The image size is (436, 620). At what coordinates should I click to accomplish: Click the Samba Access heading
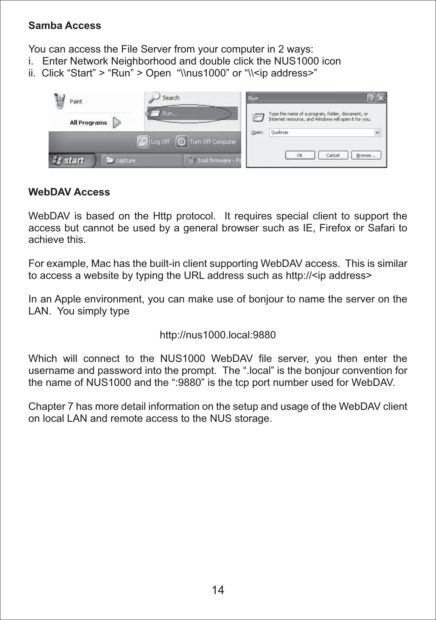click(64, 25)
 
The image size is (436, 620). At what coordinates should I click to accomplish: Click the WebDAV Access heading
click(69, 192)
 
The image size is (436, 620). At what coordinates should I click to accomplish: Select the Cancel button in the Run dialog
click(333, 155)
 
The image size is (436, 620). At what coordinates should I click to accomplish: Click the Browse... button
click(366, 155)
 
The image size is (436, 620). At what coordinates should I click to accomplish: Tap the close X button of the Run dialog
click(381, 98)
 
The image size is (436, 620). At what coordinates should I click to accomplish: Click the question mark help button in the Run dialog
click(371, 98)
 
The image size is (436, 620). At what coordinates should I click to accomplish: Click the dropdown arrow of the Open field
click(377, 132)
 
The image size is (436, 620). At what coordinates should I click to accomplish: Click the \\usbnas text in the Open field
click(280, 132)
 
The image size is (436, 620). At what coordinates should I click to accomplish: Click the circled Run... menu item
click(170, 114)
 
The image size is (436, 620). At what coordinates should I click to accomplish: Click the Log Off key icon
click(143, 142)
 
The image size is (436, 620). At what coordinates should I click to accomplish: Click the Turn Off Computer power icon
click(182, 142)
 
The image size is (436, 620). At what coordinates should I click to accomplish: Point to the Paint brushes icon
click(59, 101)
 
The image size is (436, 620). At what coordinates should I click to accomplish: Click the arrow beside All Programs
click(117, 122)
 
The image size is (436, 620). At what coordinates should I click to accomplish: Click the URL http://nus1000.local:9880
click(218, 335)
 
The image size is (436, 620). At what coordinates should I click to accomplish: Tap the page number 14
click(218, 590)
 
